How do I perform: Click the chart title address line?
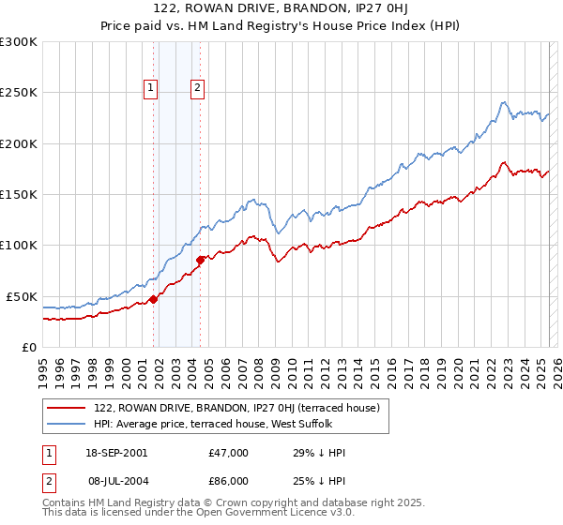click(282, 11)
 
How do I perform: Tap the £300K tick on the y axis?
click(18, 42)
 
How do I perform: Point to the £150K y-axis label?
click(18, 195)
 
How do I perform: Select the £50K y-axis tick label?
click(22, 296)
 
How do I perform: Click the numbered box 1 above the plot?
click(150, 89)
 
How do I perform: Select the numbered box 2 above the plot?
click(197, 89)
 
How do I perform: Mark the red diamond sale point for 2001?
click(153, 300)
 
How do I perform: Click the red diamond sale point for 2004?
click(200, 260)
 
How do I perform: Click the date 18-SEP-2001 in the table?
click(115, 453)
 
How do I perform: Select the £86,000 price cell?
click(227, 481)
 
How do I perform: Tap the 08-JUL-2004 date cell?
click(115, 481)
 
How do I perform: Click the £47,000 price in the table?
click(227, 453)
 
